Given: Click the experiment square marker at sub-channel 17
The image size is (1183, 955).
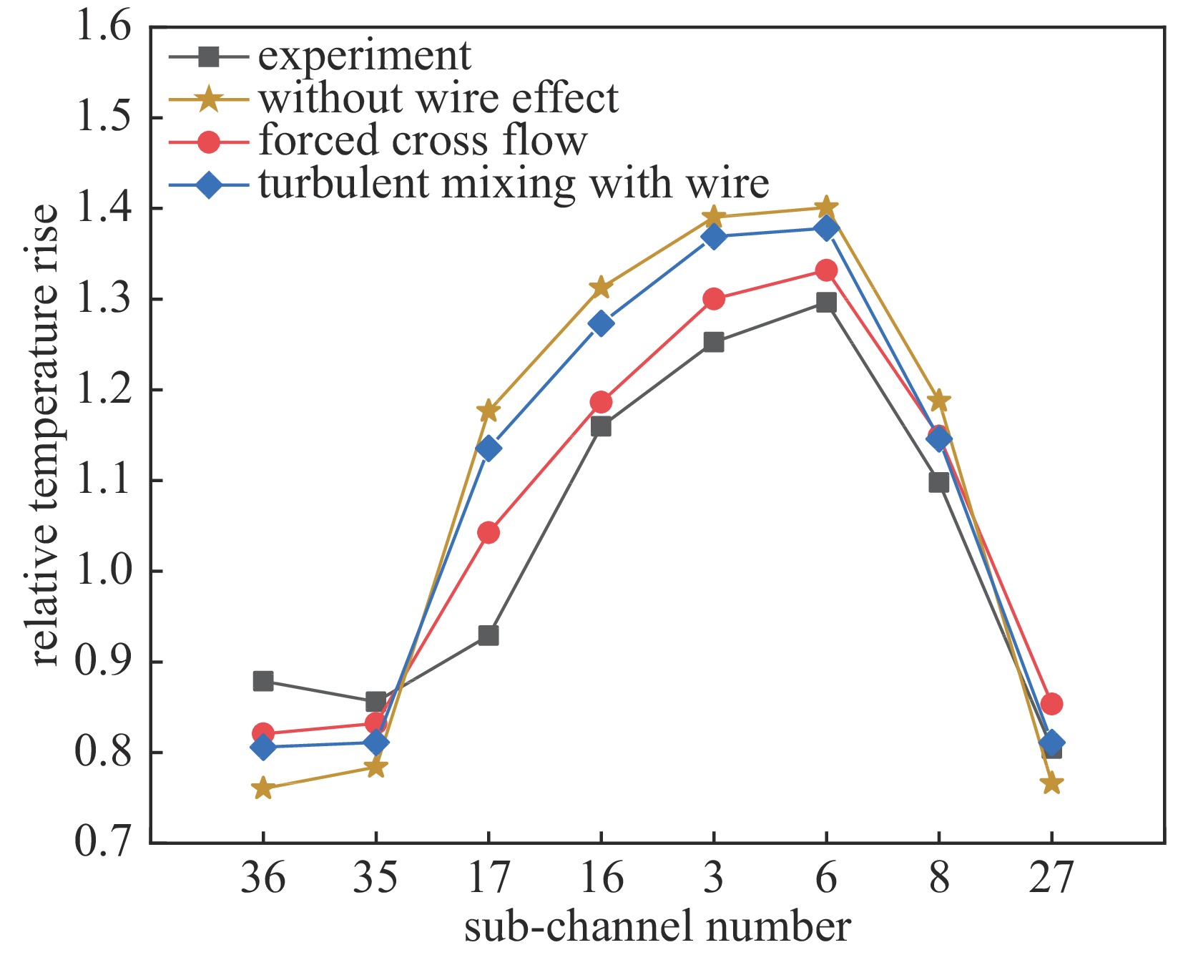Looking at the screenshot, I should tap(489, 635).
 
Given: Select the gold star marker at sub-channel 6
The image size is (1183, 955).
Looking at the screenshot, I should tap(826, 207).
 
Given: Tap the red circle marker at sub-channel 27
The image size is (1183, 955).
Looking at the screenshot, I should tap(1051, 704).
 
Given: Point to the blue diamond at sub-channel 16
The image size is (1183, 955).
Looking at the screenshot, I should tap(601, 323).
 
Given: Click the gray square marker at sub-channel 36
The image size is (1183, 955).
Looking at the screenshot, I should tap(263, 680).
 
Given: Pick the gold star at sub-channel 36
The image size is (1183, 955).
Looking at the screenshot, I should tap(263, 788).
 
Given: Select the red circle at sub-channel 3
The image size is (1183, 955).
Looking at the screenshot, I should tap(713, 299).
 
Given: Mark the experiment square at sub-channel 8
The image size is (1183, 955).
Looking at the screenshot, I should tap(939, 483).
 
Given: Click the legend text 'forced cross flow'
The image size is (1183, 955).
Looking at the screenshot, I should tap(423, 141).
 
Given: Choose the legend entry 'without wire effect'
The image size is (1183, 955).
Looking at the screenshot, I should tap(438, 98).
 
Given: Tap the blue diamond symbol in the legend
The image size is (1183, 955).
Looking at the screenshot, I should tap(209, 185).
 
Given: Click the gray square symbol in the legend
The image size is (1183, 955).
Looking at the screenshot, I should tap(209, 56).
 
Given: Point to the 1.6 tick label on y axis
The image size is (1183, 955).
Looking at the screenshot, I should tap(104, 29).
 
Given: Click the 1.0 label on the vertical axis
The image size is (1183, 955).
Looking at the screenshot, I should tap(104, 572).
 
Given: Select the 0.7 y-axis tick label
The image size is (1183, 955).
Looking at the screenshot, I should tap(104, 843).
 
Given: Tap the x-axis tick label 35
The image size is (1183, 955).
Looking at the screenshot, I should tap(375, 878).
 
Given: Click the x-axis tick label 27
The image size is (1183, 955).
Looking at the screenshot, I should tap(1051, 878).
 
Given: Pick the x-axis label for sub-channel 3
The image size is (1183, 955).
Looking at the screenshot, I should tap(713, 878).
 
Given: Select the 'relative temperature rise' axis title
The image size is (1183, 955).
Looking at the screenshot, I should tap(44, 434).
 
